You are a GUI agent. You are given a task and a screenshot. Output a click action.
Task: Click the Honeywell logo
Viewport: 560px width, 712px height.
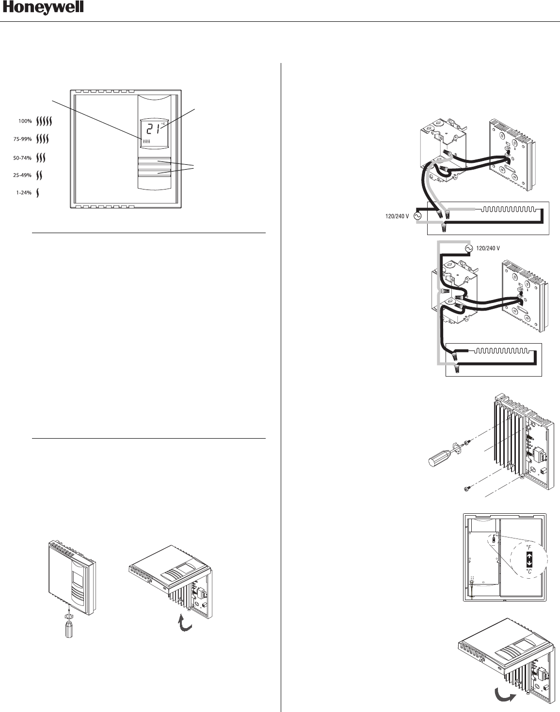coord(43,8)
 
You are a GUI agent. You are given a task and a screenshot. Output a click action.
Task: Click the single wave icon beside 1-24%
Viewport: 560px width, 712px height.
coord(38,192)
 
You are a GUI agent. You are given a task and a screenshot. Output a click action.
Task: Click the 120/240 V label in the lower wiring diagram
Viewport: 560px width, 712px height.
coord(488,248)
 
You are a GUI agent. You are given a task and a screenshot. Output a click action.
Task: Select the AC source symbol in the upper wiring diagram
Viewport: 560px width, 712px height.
coord(417,216)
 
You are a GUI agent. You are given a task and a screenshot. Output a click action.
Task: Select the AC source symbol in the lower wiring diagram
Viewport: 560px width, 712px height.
coord(468,248)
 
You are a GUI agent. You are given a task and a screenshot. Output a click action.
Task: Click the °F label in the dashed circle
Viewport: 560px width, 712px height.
coord(529,547)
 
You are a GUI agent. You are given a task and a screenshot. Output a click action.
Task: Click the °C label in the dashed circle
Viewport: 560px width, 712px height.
coord(529,571)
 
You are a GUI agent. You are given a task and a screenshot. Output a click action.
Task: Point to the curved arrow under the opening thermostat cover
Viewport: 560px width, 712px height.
coord(185,623)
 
